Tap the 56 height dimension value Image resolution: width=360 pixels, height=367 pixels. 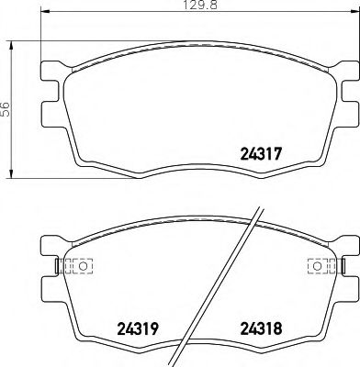click(6, 108)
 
